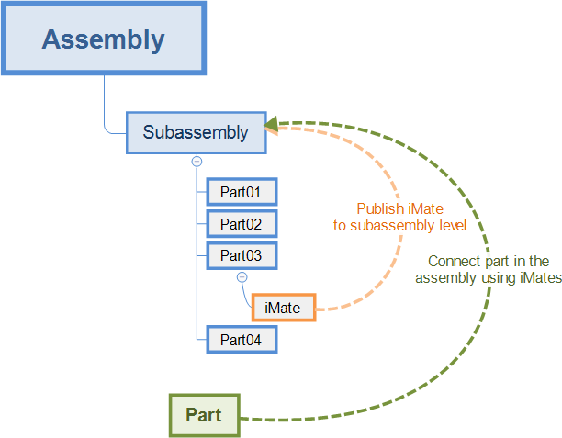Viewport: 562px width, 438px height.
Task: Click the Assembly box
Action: tap(104, 39)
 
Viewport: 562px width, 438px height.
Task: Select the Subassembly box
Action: tap(196, 132)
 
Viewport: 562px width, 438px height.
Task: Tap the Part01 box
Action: tap(241, 192)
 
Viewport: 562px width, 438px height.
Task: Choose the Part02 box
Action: tap(241, 223)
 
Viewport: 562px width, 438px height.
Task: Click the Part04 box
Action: tap(241, 339)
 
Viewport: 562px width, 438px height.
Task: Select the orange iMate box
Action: tap(283, 308)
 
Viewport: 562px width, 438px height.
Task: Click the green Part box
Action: tap(203, 415)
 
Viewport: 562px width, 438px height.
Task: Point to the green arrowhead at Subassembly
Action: tap(272, 124)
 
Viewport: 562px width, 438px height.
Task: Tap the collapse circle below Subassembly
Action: tap(197, 161)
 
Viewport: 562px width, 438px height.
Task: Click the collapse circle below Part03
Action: tap(242, 276)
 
